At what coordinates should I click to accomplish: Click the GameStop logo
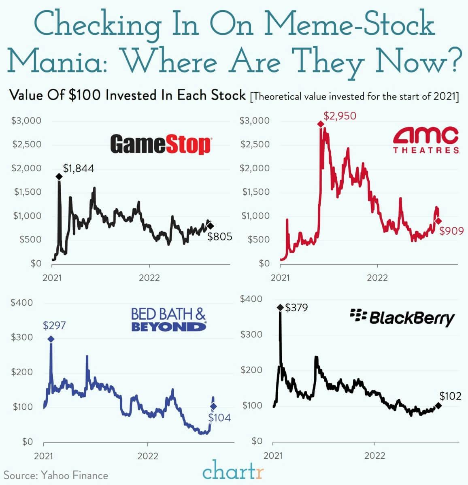coord(160,145)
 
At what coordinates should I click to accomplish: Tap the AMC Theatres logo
coord(426,140)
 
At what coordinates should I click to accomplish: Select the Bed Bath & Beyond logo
coord(168,319)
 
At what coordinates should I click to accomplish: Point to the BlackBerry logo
coord(402,318)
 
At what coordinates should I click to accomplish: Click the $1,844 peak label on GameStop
coord(79,168)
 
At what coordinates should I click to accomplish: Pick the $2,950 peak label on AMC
coord(340,116)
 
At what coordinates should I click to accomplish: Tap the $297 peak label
coord(54,325)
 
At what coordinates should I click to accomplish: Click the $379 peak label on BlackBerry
coord(296,308)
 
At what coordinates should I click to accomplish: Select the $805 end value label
coord(220,237)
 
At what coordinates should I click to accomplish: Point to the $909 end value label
coord(451,231)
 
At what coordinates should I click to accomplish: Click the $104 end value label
coord(219,417)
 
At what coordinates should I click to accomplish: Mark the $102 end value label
coord(450,396)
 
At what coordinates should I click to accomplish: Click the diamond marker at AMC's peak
coord(321,124)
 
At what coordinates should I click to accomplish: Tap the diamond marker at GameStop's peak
coord(59,176)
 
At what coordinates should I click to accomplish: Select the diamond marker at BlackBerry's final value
coord(438,406)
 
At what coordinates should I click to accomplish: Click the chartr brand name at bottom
coord(233,472)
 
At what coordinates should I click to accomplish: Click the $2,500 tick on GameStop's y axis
coord(27,145)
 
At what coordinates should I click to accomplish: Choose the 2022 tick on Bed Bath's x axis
coord(148,456)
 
